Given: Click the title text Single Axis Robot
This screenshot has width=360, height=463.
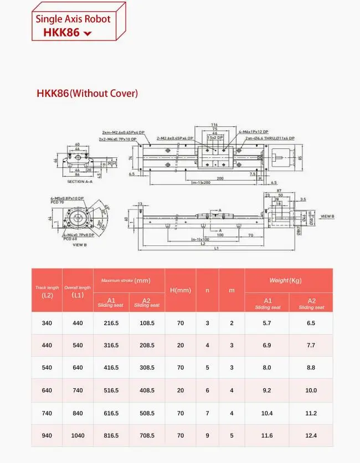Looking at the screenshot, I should [x=73, y=19].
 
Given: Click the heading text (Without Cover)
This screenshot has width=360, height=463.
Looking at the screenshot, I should [x=104, y=94].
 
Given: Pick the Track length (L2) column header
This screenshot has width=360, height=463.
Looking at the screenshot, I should [x=47, y=291].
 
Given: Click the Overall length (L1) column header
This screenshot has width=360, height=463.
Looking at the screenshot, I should [x=78, y=291].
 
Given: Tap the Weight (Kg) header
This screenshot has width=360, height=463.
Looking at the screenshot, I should [x=289, y=281].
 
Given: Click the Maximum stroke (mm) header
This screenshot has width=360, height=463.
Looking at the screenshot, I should [x=130, y=281].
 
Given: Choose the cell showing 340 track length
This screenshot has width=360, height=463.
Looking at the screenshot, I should [x=47, y=323].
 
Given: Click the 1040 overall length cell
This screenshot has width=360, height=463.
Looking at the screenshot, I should [x=78, y=436].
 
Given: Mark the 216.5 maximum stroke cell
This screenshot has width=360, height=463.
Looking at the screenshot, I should [x=111, y=323].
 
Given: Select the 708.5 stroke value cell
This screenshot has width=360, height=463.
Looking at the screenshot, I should [x=147, y=436].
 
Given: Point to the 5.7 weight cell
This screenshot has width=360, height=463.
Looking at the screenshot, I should [x=266, y=323].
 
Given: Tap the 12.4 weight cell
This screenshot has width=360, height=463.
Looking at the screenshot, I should [x=311, y=436].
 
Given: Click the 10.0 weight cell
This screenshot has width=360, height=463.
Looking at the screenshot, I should [x=311, y=390].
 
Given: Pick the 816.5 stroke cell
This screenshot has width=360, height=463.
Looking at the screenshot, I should [x=111, y=436].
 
